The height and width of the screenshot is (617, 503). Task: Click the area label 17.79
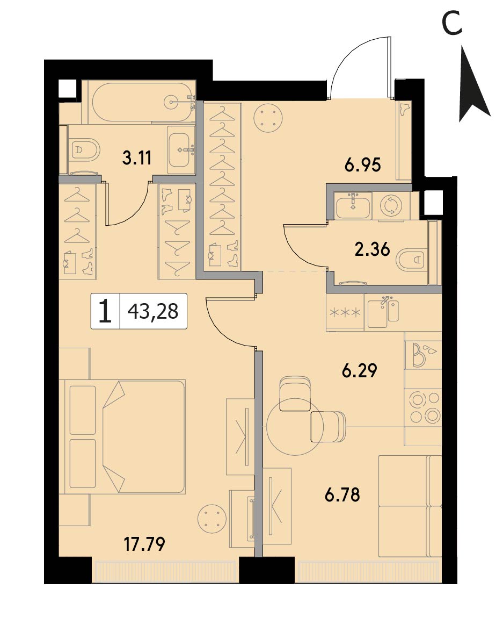tap(144, 544)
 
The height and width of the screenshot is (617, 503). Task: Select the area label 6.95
tap(363, 166)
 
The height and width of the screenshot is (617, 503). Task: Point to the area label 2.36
tap(372, 249)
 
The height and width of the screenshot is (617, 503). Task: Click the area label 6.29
tap(360, 371)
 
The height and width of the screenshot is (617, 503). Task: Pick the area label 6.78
tap(342, 494)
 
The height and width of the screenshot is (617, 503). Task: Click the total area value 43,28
tap(153, 312)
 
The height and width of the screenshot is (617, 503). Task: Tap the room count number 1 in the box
tap(105, 311)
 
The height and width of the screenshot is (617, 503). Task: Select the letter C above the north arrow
tap(452, 24)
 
